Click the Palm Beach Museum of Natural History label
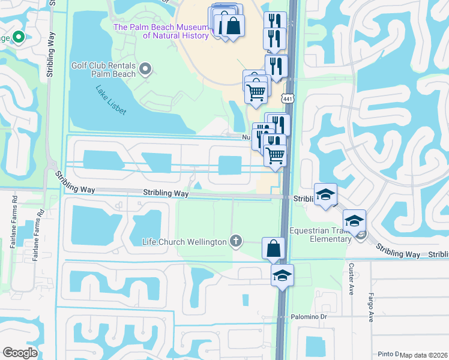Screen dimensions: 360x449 click(160, 31)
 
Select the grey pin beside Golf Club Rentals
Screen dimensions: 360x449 click(145, 70)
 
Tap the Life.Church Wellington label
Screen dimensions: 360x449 click(184, 242)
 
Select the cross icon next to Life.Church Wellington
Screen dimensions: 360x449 click(237, 242)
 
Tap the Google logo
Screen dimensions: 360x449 click(20, 353)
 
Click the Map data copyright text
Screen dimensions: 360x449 click(423, 355)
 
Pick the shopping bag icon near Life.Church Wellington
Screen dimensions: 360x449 click(273, 248)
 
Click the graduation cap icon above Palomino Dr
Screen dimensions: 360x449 click(282, 275)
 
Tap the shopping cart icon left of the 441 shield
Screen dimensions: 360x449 click(256, 93)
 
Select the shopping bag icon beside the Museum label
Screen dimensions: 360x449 click(233, 25)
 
